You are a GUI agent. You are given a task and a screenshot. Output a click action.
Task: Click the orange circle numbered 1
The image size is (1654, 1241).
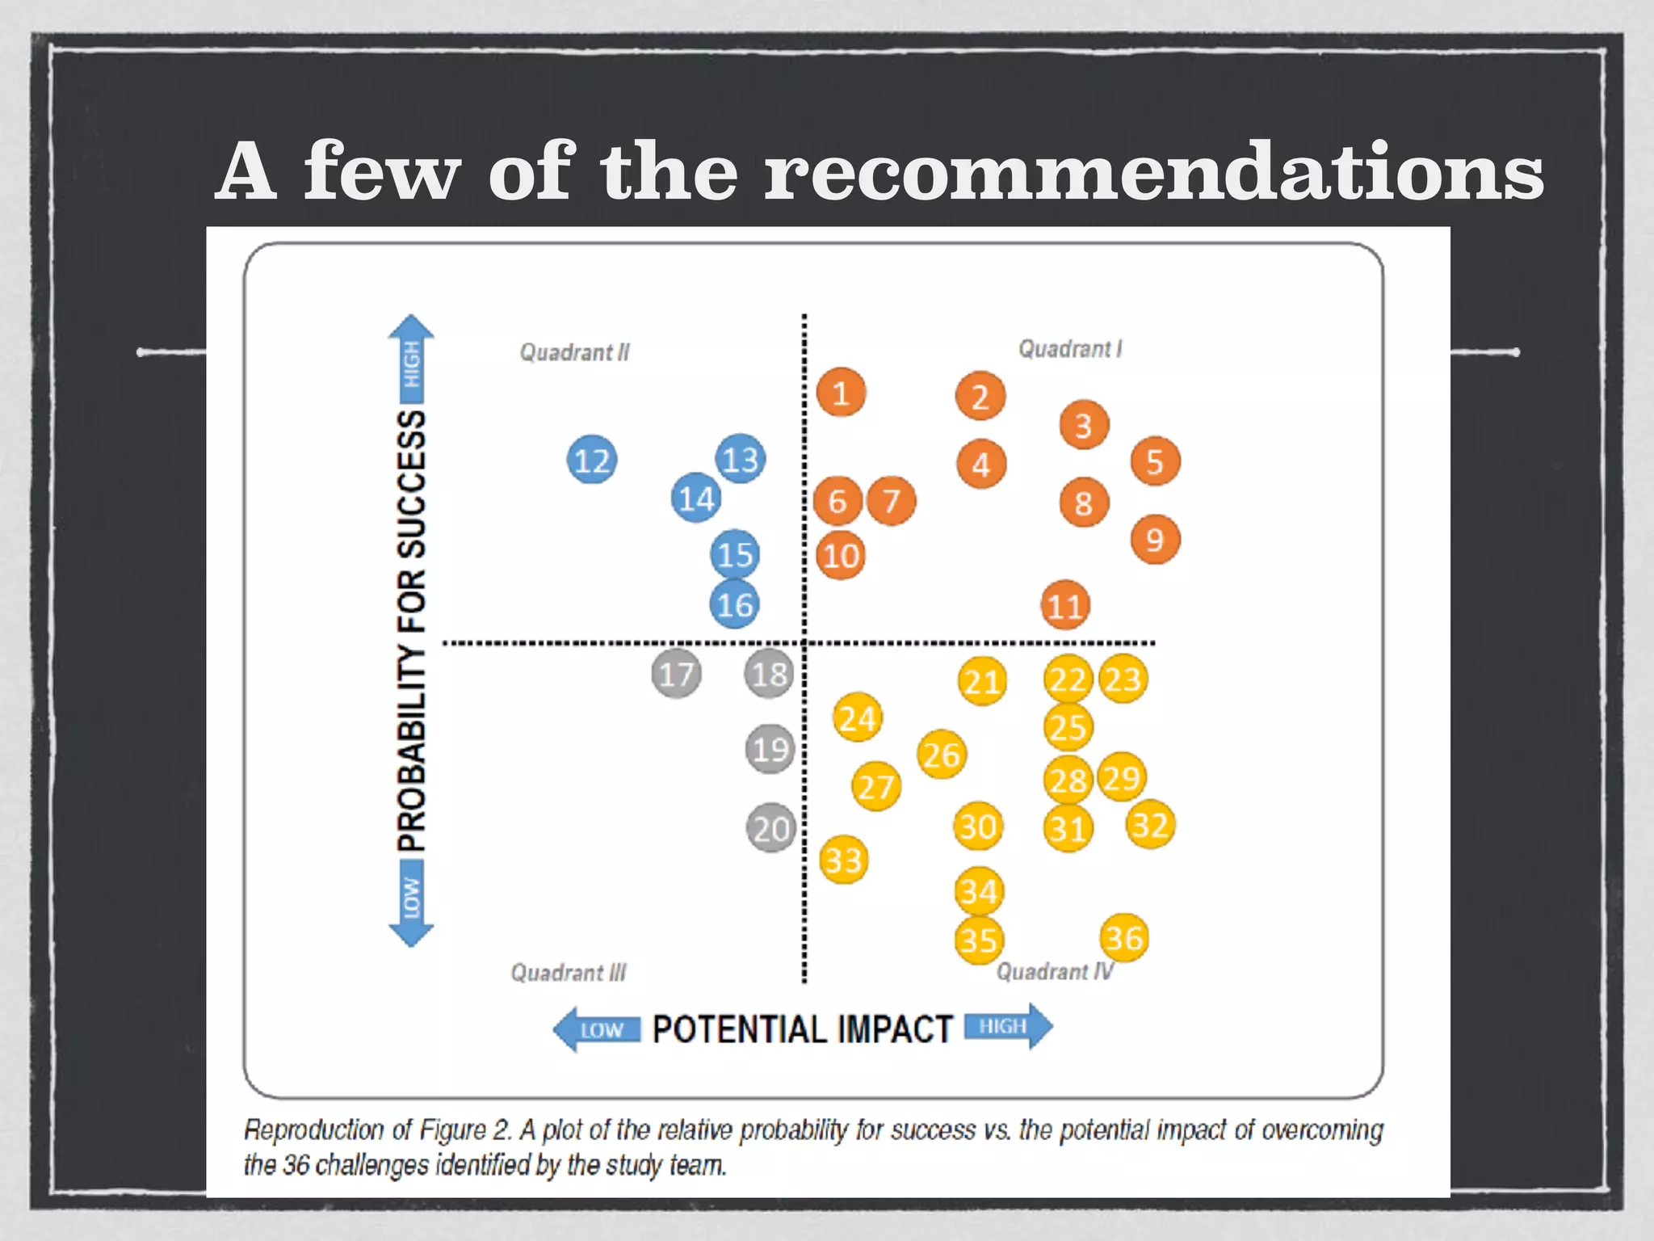[x=841, y=393]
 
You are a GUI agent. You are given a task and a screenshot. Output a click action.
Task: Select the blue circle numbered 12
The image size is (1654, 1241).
[x=592, y=460]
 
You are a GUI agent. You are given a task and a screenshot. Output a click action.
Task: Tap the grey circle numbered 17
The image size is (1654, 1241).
[x=676, y=674]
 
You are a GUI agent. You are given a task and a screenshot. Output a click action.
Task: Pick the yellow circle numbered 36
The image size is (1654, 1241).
[x=1124, y=938]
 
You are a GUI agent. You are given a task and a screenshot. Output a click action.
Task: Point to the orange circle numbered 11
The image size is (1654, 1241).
[x=1065, y=605]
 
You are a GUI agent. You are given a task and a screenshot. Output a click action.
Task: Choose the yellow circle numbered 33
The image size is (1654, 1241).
[x=844, y=860]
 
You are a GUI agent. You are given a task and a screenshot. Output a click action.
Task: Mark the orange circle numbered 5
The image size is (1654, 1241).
[x=1155, y=462]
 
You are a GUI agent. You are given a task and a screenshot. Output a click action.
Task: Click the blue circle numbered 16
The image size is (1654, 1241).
[x=735, y=604]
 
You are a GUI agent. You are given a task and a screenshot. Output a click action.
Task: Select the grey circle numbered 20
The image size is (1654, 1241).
[x=770, y=829]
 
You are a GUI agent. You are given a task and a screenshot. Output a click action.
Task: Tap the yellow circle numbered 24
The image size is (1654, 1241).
[x=858, y=717]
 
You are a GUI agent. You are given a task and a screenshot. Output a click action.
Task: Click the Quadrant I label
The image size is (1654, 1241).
[x=1070, y=349]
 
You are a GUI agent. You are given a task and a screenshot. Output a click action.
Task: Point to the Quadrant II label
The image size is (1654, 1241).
[x=574, y=352]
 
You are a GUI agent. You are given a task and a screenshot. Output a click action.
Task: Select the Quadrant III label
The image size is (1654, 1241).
[x=568, y=972]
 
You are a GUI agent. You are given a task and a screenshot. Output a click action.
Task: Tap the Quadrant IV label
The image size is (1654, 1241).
[x=1055, y=971]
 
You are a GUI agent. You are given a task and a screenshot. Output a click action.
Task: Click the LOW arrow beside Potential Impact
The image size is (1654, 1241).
[x=596, y=1029]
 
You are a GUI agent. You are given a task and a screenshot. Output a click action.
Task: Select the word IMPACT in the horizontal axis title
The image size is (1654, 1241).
[x=895, y=1029]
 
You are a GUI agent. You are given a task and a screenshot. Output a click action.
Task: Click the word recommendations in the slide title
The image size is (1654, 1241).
[x=1153, y=172]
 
